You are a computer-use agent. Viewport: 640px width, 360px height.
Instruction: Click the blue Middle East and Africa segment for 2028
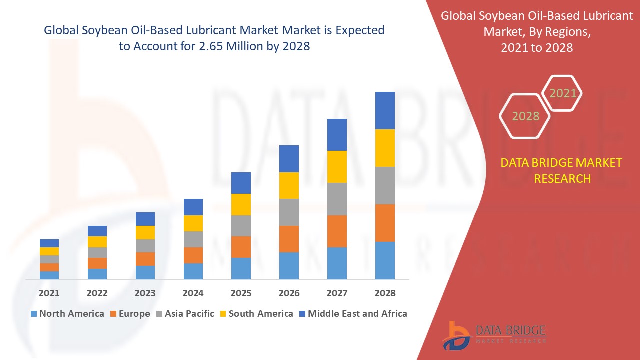(x=385, y=110)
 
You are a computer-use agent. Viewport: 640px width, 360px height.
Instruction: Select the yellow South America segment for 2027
(x=337, y=166)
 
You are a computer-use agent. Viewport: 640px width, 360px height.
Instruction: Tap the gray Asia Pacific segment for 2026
(x=289, y=212)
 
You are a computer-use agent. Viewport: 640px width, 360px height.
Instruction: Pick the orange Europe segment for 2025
(x=241, y=247)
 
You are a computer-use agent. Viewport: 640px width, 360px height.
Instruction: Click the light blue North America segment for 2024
(x=193, y=271)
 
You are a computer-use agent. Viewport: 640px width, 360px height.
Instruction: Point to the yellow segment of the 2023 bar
(x=145, y=232)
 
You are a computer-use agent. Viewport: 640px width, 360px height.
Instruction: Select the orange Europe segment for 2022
(x=97, y=263)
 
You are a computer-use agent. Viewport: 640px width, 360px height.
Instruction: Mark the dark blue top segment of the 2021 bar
(x=49, y=243)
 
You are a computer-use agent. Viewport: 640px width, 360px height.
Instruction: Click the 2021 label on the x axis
(x=49, y=293)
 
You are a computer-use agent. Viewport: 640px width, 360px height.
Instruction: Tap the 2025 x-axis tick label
(x=241, y=293)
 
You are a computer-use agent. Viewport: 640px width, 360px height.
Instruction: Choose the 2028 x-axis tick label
(x=385, y=293)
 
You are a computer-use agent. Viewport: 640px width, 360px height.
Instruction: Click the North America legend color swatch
(x=34, y=314)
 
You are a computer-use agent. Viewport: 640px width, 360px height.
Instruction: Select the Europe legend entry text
(x=134, y=314)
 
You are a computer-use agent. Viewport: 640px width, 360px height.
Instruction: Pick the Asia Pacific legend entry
(x=189, y=314)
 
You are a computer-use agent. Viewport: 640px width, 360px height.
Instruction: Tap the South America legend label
(x=261, y=314)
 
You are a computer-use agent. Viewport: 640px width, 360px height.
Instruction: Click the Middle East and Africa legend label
(x=357, y=314)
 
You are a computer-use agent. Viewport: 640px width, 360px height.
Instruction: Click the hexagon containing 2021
(x=563, y=93)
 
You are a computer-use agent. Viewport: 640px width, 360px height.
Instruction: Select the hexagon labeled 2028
(x=525, y=116)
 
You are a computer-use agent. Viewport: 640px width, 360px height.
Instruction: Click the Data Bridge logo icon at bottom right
(x=456, y=335)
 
